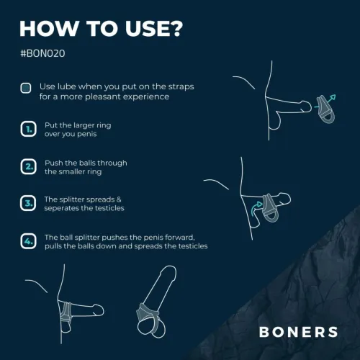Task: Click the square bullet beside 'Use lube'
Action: click(x=26, y=89)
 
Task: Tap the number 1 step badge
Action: click(x=26, y=129)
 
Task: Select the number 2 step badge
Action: click(x=26, y=167)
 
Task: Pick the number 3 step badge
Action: click(x=26, y=204)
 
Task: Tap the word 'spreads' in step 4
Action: click(x=156, y=246)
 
